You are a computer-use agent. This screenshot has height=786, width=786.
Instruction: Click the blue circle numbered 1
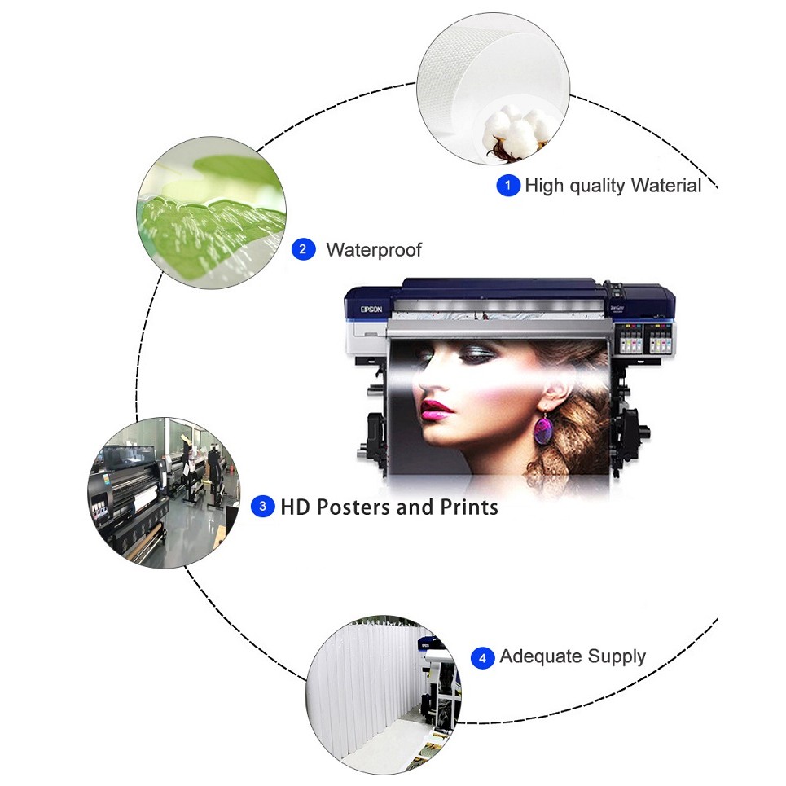[507, 186]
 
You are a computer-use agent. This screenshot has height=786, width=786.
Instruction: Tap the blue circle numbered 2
[303, 249]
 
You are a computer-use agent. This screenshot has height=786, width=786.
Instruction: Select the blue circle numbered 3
[262, 507]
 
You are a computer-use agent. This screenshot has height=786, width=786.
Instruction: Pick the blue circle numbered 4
[483, 657]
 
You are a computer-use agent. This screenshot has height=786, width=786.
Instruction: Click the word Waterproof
[374, 249]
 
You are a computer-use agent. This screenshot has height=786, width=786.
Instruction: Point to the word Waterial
[666, 186]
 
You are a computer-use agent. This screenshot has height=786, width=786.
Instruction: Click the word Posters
[353, 507]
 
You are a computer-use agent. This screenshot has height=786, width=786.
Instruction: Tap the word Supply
[617, 657]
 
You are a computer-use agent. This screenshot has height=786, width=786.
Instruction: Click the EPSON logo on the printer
[371, 310]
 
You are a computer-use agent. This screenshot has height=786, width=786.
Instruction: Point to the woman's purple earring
[543, 428]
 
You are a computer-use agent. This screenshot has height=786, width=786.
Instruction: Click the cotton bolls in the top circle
[518, 131]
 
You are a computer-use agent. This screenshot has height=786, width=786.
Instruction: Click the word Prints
[469, 507]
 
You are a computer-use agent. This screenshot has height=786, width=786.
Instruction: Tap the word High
[544, 186]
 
